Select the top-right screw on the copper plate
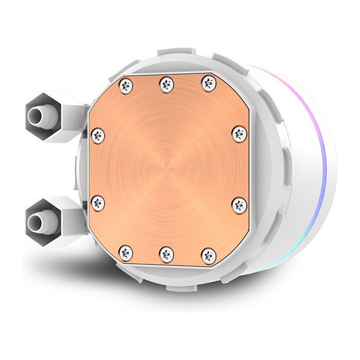208,83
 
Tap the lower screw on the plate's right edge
238,203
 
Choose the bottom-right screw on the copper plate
207,255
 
